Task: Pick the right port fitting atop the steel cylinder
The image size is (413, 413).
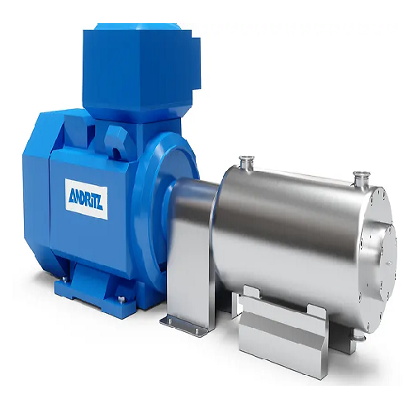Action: tap(359, 177)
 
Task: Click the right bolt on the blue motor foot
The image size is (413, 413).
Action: tap(121, 300)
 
